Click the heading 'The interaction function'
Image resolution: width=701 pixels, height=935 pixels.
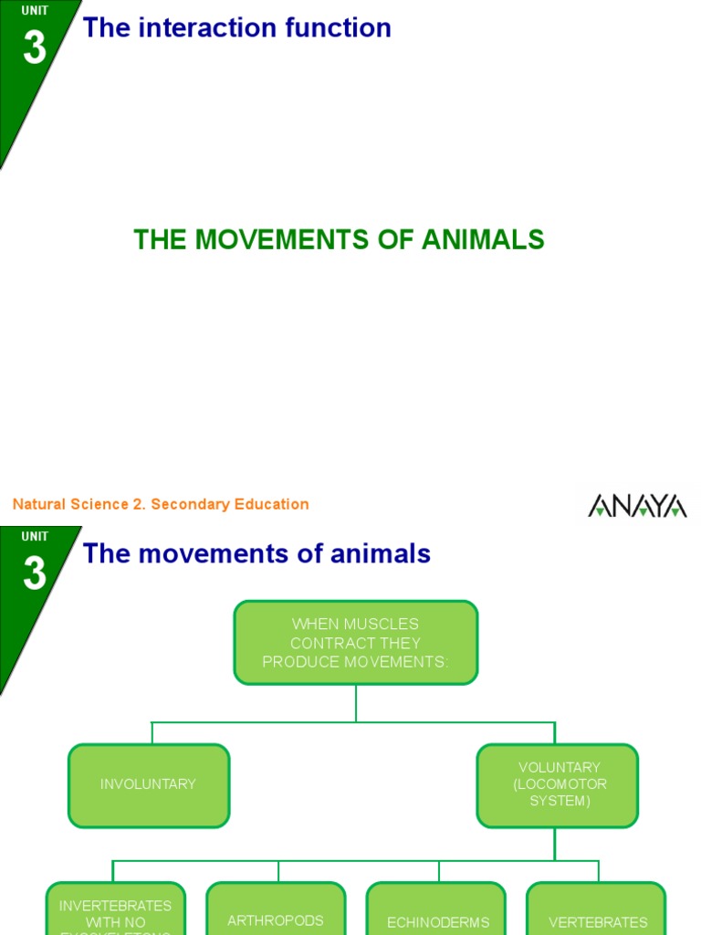point(236,28)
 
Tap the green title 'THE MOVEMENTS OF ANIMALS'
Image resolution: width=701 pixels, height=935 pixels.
point(339,240)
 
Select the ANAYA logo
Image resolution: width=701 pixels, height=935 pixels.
point(637,505)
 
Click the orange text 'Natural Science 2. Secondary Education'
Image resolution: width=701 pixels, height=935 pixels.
point(161,504)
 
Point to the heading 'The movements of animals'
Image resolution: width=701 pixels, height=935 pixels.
point(256,553)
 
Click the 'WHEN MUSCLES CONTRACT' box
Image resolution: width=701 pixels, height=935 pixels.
point(356,643)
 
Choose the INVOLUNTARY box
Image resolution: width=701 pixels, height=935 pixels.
point(149,785)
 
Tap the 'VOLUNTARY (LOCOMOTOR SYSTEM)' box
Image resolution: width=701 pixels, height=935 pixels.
point(558,785)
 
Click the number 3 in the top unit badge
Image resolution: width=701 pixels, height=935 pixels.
point(35,47)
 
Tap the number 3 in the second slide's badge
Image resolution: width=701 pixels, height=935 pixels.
point(35,573)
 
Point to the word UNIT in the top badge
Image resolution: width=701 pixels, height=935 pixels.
point(35,12)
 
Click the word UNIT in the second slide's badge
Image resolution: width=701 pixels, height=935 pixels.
point(35,537)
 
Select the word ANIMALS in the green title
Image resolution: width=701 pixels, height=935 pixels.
point(483,240)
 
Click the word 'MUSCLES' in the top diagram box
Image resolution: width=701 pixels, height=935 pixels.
point(382,625)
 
